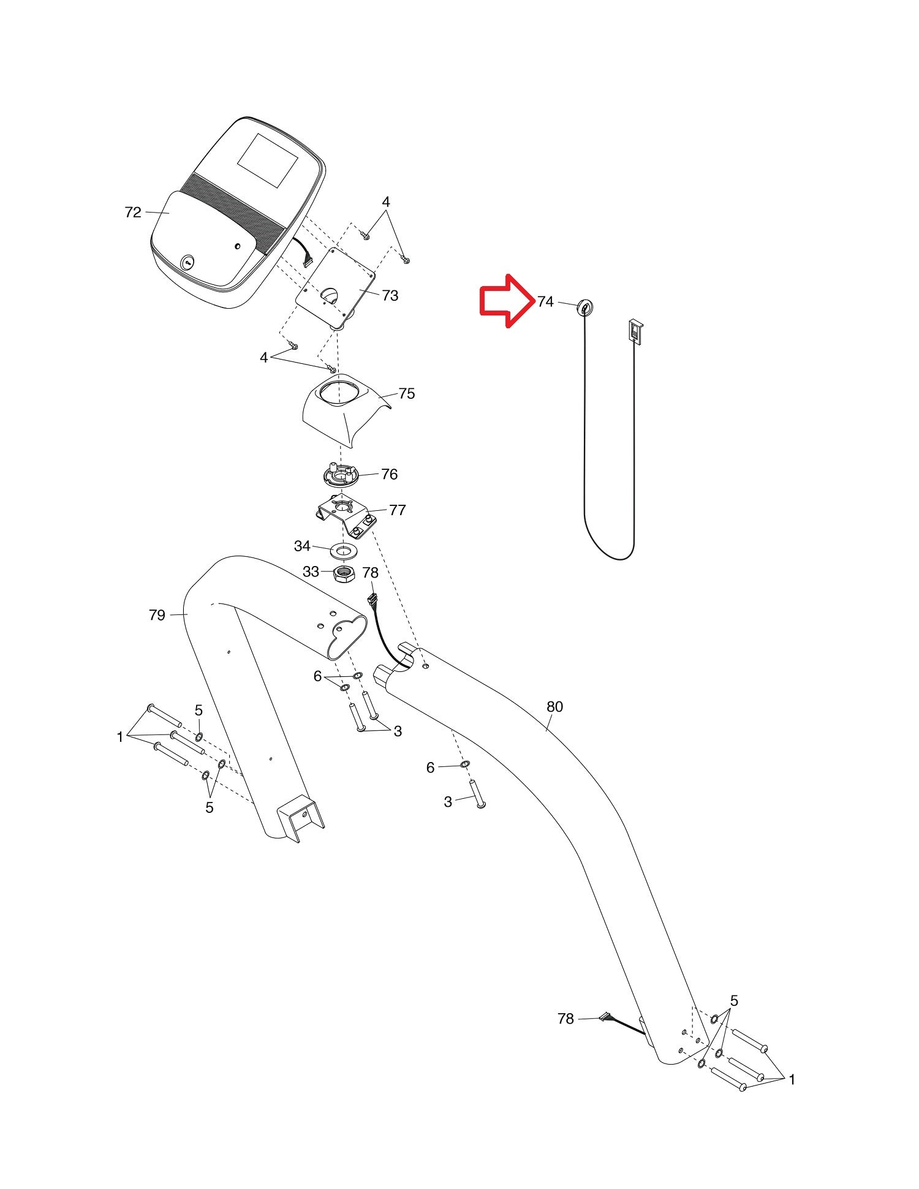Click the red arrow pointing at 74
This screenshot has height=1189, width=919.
pyautogui.click(x=504, y=301)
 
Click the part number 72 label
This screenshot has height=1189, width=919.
pyautogui.click(x=133, y=213)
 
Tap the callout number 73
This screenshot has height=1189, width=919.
pyautogui.click(x=390, y=296)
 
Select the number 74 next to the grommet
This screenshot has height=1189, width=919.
pyautogui.click(x=545, y=301)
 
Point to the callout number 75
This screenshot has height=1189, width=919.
pyautogui.click(x=406, y=394)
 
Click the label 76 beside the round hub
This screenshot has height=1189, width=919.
pyautogui.click(x=389, y=474)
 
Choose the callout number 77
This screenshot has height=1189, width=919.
pyautogui.click(x=397, y=510)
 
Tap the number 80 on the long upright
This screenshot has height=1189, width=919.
pyautogui.click(x=554, y=707)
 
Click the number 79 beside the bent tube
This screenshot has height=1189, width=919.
pyautogui.click(x=157, y=615)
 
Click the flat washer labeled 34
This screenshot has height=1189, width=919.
pyautogui.click(x=345, y=549)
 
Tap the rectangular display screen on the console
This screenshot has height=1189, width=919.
pyautogui.click(x=268, y=160)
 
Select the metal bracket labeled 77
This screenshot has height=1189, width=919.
pyautogui.click(x=347, y=515)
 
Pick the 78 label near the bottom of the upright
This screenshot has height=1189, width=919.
pyautogui.click(x=565, y=1019)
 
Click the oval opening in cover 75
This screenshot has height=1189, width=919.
pyautogui.click(x=343, y=391)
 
